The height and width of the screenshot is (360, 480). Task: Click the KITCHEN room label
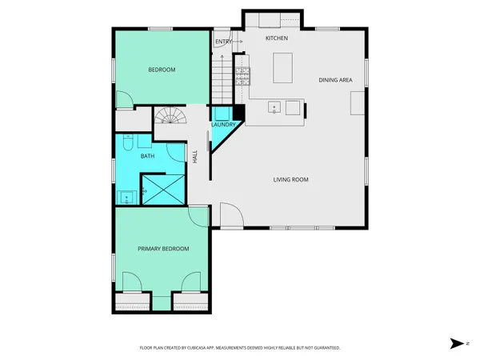[x=277, y=38]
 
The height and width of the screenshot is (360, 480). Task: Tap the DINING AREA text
[x=335, y=80]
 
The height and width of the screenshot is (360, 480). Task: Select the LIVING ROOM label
[x=290, y=179]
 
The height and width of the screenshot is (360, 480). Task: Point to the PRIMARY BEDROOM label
[x=163, y=249]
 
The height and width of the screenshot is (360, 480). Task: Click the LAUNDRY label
[x=222, y=125]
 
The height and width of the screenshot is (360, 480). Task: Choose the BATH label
[x=148, y=156]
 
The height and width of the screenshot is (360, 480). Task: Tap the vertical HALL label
[x=194, y=157]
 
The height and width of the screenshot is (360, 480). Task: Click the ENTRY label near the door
[x=222, y=42]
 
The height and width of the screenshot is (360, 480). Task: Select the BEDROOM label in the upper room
[x=162, y=70]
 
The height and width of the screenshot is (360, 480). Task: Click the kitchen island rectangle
[x=282, y=68]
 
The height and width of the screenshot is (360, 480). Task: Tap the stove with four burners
[x=242, y=76]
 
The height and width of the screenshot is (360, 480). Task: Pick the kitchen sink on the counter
[x=274, y=107]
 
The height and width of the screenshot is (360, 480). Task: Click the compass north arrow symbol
[x=455, y=343]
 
